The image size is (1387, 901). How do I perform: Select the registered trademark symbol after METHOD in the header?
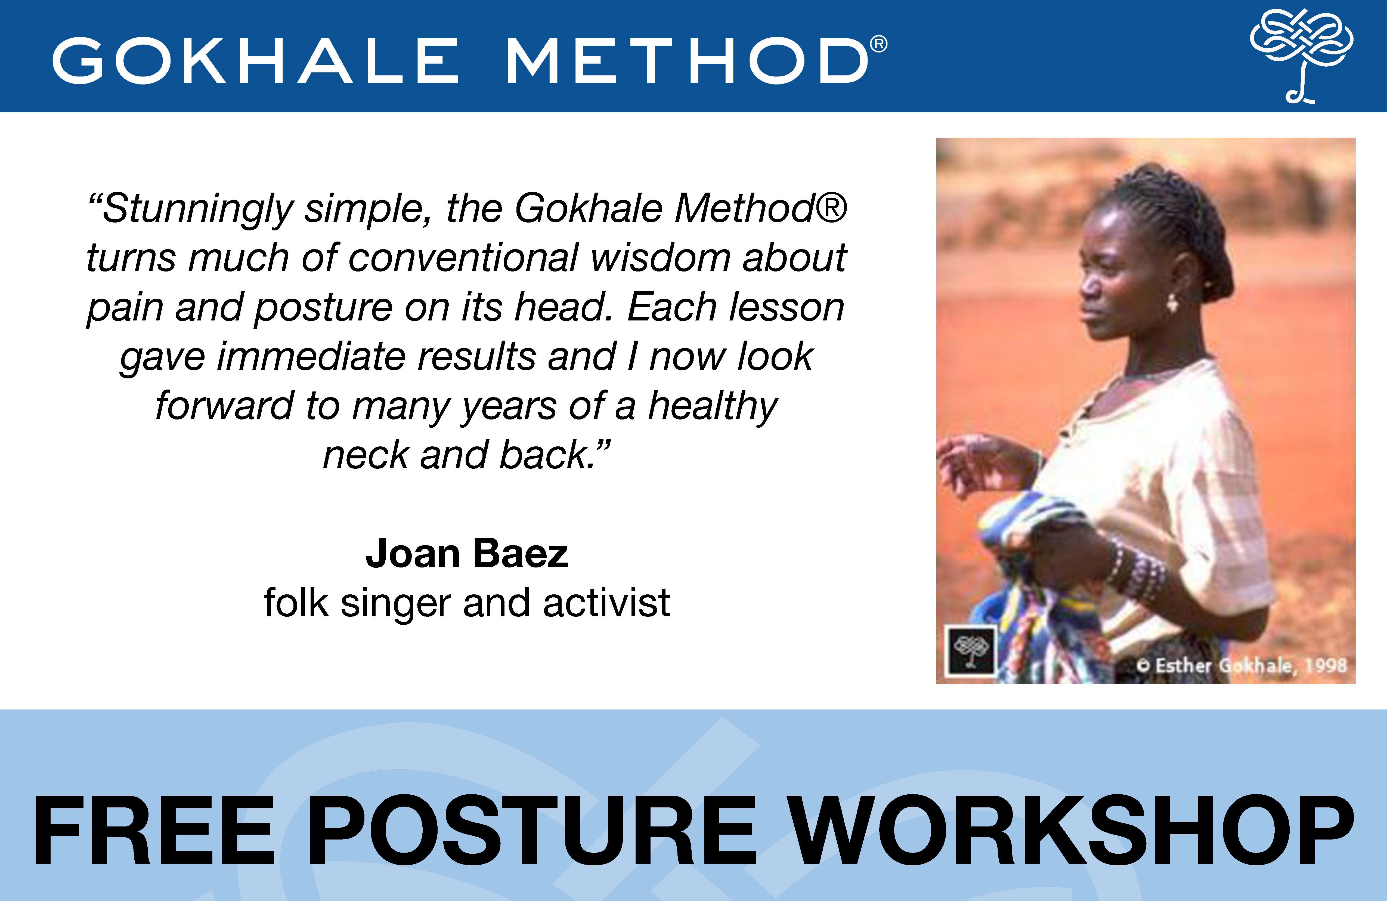(x=879, y=44)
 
